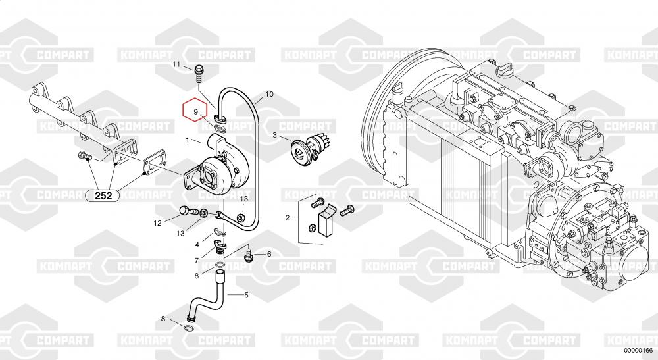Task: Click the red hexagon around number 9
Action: point(182,110)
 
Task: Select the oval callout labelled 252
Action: point(103,195)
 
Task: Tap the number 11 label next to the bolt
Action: point(176,64)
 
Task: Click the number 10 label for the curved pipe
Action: point(269,94)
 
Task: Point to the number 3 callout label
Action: point(275,135)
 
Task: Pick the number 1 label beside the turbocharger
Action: point(188,140)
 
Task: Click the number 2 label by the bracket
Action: point(288,218)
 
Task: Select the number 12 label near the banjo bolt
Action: point(157,223)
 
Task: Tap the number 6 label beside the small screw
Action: point(269,254)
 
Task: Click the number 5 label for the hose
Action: point(246,295)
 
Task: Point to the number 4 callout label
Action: point(197,245)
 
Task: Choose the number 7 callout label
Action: point(196,261)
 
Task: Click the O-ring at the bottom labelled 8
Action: point(190,327)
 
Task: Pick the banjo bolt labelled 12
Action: point(188,211)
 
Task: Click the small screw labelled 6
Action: point(249,255)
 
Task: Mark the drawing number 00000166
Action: point(638,351)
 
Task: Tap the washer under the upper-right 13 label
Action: point(242,217)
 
